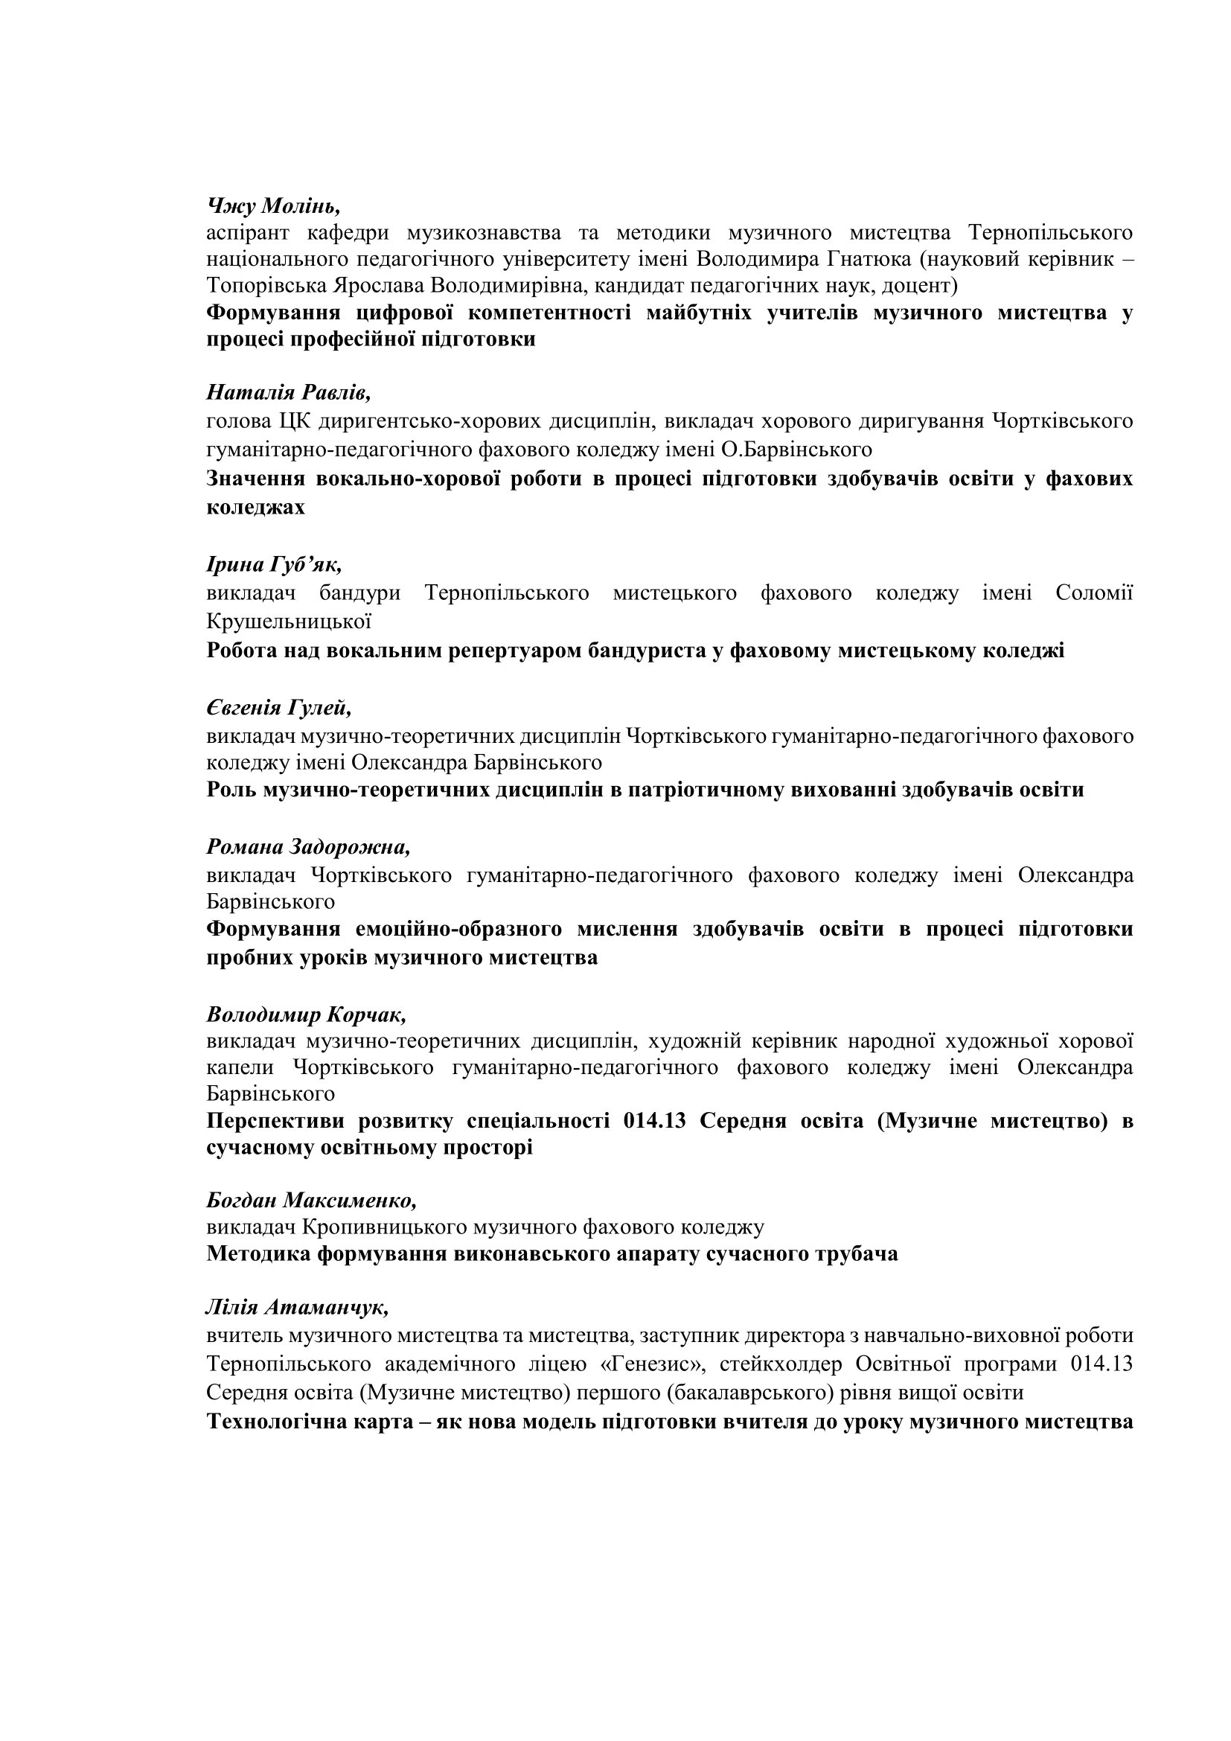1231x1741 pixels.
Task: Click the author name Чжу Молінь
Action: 273,205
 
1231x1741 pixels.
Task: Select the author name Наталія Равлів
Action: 288,392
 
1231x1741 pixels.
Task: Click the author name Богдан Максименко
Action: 312,1201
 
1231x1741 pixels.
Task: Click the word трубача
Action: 856,1253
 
